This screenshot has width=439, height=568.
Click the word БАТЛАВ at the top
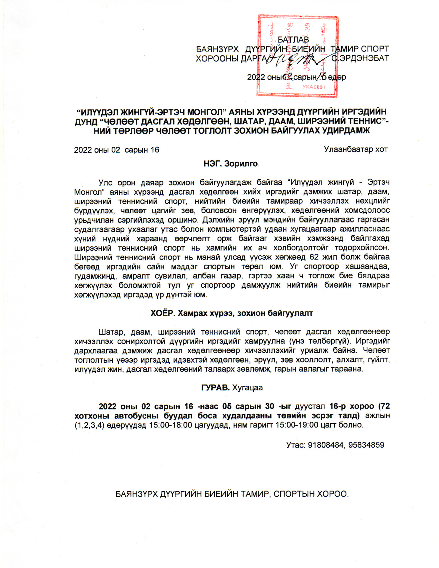tap(293, 40)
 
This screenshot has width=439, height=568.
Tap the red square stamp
tap(298, 56)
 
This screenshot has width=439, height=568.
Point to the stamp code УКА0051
tap(314, 87)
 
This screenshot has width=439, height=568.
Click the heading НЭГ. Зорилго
tap(231, 164)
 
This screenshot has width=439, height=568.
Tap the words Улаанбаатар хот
tap(356, 149)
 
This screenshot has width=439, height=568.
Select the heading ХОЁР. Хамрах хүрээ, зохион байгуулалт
tap(231, 313)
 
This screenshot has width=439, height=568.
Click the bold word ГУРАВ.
tap(215, 388)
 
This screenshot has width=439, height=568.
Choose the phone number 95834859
tap(366, 445)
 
